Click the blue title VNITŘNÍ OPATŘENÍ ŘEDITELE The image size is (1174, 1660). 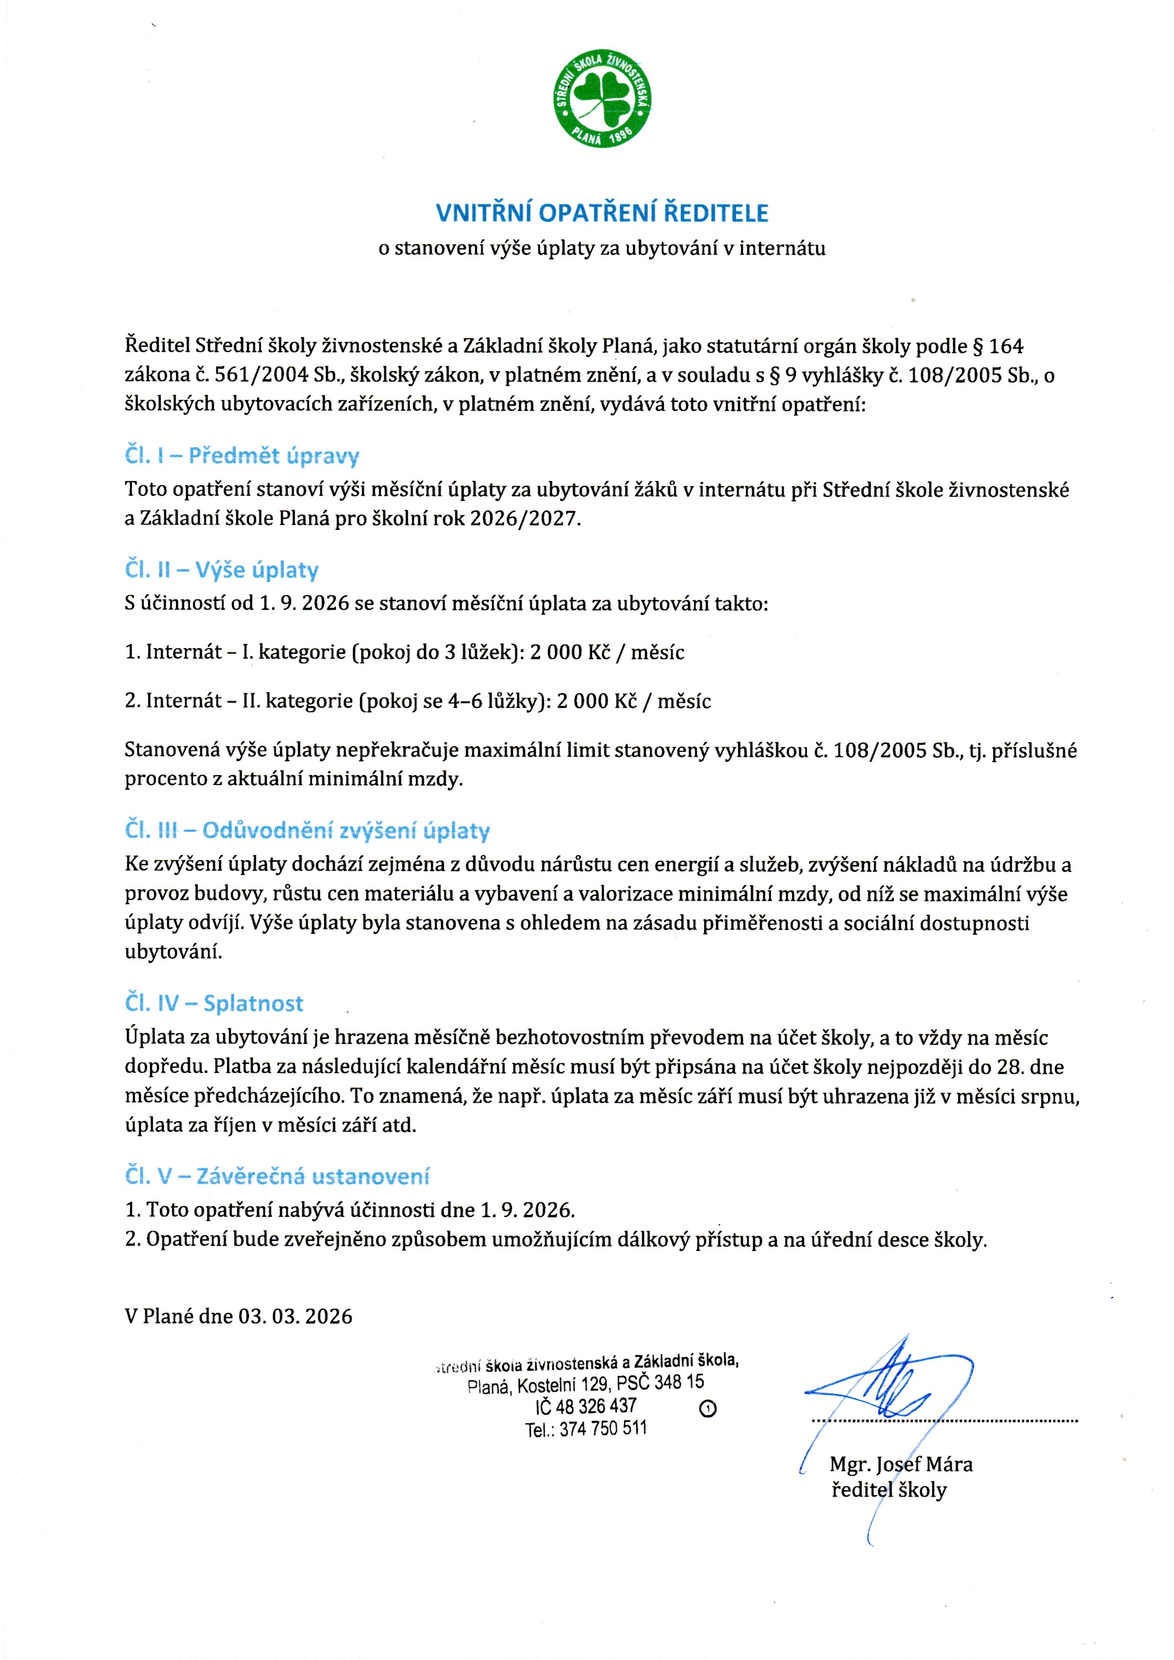[x=602, y=213]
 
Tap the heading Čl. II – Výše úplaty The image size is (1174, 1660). [x=221, y=570]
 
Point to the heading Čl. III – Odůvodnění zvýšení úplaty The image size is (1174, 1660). [x=307, y=830]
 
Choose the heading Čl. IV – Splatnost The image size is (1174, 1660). [x=213, y=1003]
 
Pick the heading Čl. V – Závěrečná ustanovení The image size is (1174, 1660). [x=277, y=1176]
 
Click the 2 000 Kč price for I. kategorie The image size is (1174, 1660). [x=570, y=652]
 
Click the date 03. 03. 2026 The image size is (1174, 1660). [x=296, y=1316]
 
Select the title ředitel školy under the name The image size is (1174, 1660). [x=889, y=1490]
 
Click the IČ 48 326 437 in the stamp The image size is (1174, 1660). [x=586, y=1405]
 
